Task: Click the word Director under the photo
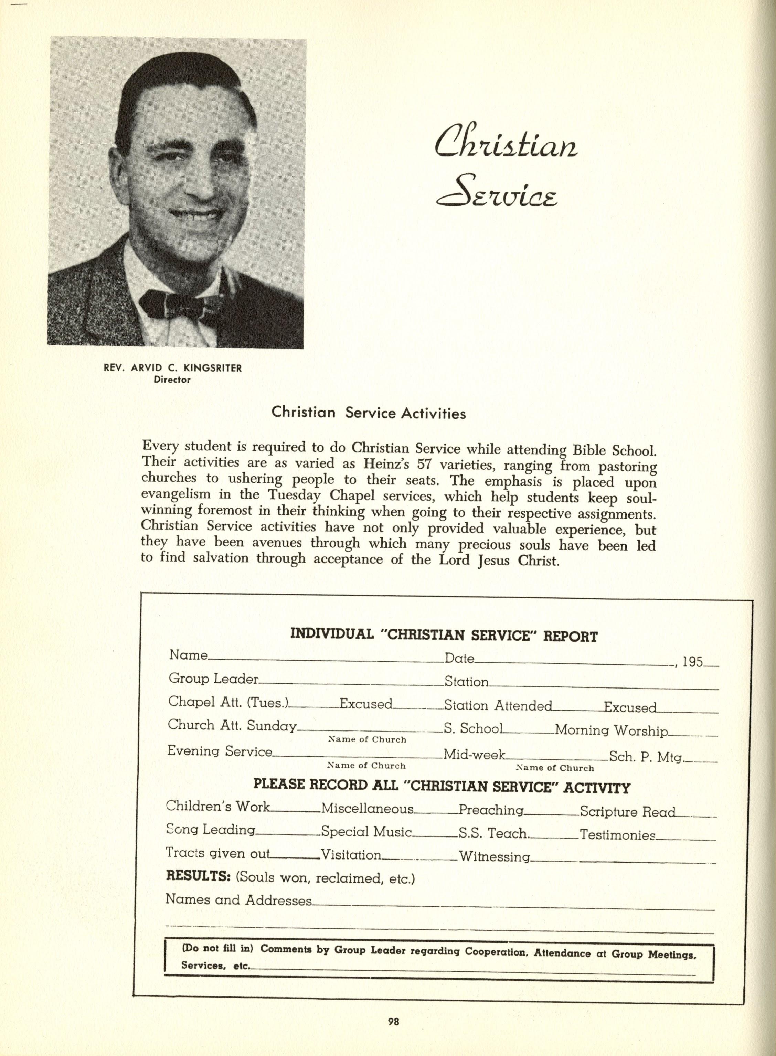[172, 380]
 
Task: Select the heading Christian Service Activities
[369, 413]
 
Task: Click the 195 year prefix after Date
[692, 662]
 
